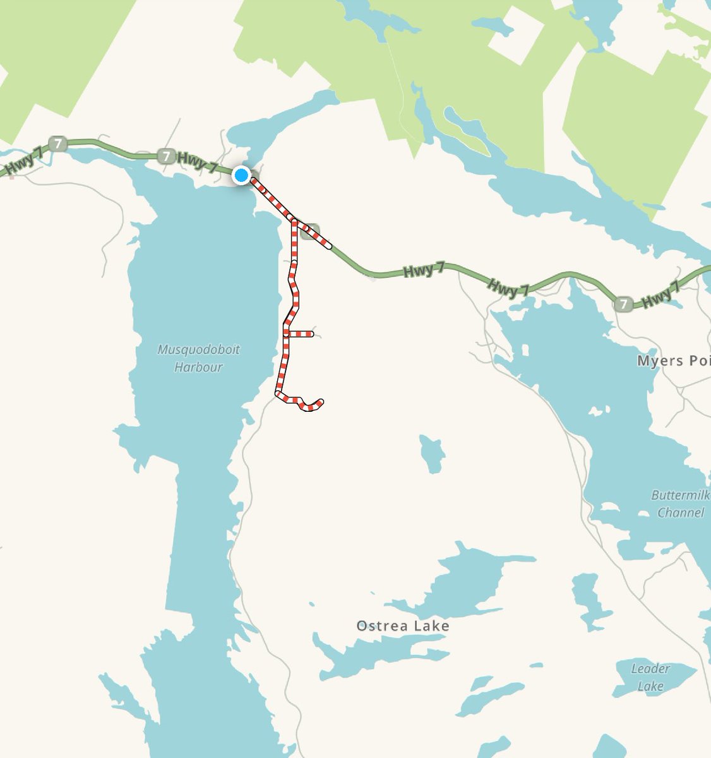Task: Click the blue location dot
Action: [x=241, y=175]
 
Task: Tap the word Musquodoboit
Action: [x=198, y=350]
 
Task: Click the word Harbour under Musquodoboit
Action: [x=198, y=367]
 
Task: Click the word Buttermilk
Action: [x=681, y=495]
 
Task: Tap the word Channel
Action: [x=681, y=512]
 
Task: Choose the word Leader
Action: [x=651, y=668]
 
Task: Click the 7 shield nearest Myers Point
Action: [x=624, y=304]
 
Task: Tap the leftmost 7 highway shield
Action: [x=58, y=144]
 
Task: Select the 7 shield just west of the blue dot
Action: [x=166, y=155]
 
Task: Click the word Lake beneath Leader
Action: [x=650, y=686]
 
